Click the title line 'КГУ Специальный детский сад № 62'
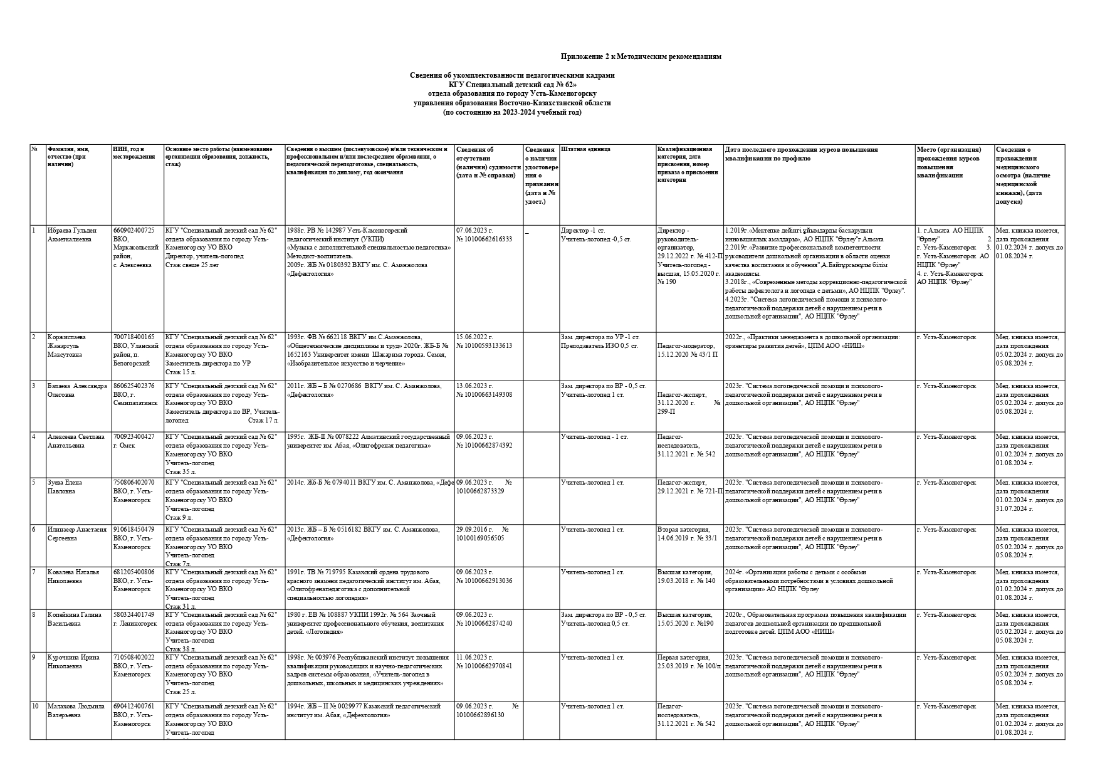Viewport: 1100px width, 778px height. [511, 84]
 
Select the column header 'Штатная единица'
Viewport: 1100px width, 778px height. [585, 150]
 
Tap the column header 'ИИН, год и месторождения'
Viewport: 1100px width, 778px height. [134, 153]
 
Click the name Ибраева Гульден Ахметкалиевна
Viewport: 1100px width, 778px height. [73, 234]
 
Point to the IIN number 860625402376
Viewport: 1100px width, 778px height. [134, 386]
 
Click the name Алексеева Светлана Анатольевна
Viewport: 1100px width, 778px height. [76, 441]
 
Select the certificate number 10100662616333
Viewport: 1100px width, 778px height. [484, 239]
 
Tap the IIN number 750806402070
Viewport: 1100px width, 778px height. [134, 483]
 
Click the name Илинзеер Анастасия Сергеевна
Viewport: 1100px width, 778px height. [77, 534]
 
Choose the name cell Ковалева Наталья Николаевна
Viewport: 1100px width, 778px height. [73, 576]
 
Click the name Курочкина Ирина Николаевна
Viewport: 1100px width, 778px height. [73, 661]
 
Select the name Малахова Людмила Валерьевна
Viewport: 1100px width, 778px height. [74, 710]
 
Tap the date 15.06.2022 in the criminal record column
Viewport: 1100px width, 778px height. [474, 337]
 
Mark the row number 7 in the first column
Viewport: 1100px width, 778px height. [34, 572]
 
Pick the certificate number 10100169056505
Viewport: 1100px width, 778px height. [480, 538]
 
